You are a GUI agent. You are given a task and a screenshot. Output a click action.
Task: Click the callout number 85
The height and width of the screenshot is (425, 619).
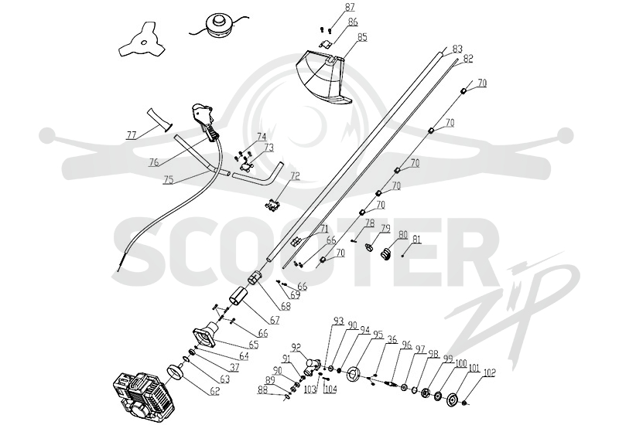pos(362,37)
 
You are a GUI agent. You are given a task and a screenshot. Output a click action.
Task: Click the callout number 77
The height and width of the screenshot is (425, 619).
pos(131,135)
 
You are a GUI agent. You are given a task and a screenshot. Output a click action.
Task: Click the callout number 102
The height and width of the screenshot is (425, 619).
pos(489,372)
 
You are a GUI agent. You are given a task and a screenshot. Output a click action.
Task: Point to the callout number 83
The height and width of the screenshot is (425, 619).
pos(457,49)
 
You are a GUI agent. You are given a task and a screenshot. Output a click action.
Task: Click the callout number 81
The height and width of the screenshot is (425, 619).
pos(417,240)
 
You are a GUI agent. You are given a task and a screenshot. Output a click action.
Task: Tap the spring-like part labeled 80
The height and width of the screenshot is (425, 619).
pos(386,254)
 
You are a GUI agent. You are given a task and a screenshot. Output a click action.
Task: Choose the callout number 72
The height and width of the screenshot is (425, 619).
pos(295,176)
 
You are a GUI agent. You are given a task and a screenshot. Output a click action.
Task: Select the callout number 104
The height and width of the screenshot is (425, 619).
pos(330,389)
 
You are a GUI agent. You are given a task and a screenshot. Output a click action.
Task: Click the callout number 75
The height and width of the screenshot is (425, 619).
pos(168,179)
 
